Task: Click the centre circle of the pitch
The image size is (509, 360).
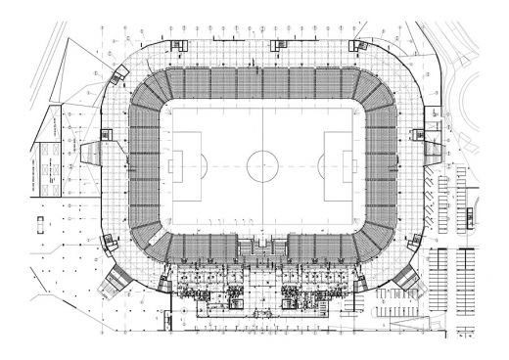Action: pyautogui.click(x=262, y=165)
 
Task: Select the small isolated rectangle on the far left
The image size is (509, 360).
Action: pyautogui.click(x=40, y=222)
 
